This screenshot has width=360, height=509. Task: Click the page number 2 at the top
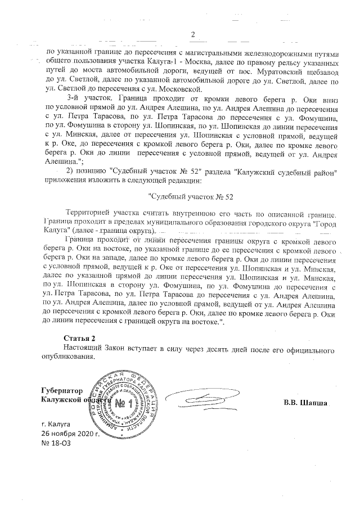click(x=193, y=36)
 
